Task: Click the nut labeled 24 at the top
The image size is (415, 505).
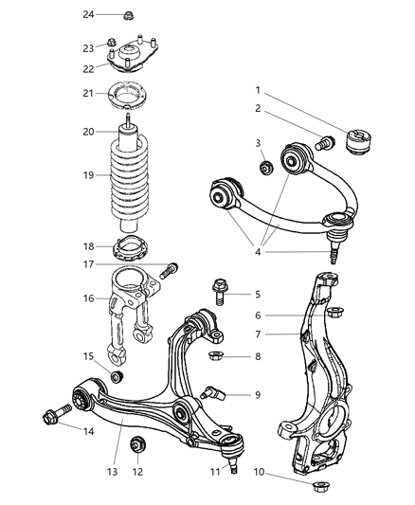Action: click(x=127, y=15)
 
